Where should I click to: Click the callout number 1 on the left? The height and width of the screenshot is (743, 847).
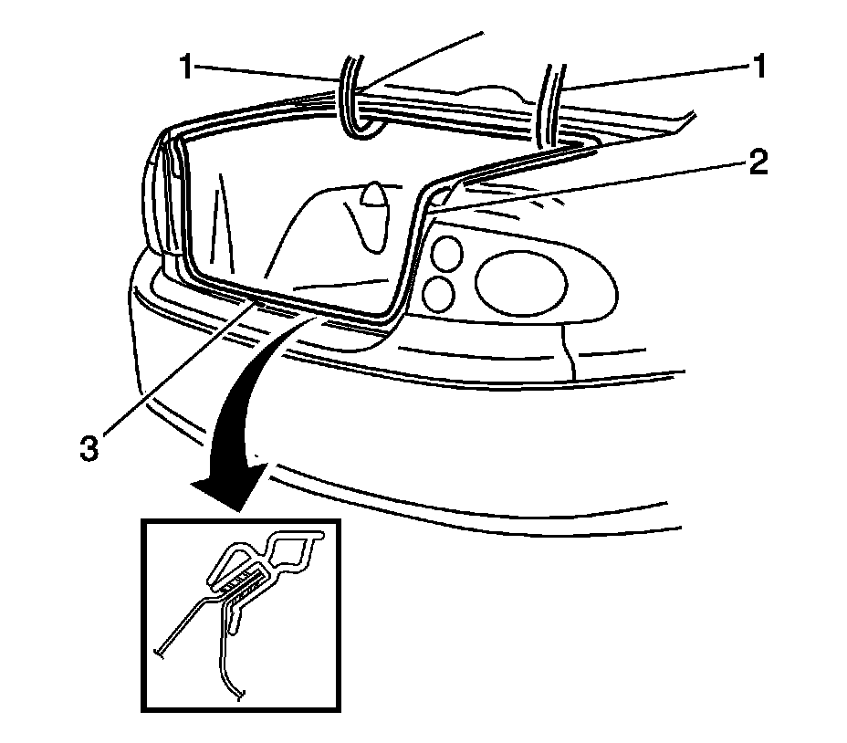coord(186,68)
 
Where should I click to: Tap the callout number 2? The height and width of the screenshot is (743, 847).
coord(756,163)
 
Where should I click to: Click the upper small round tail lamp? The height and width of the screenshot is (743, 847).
coord(446,253)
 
